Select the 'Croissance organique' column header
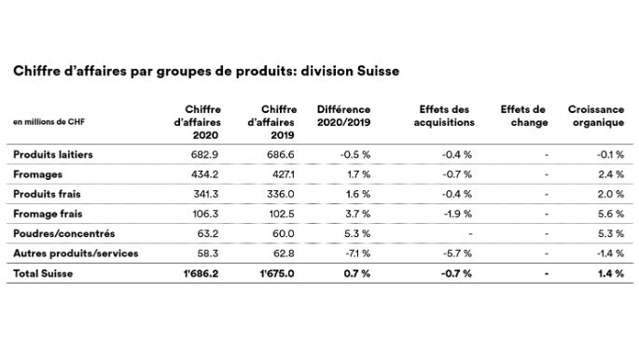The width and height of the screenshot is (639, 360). click(x=595, y=116)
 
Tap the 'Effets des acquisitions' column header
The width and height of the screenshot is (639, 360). click(x=446, y=116)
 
